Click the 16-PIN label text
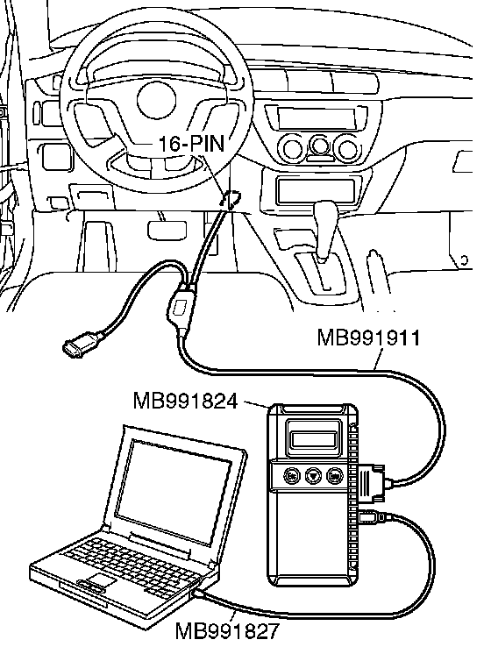coord(191,144)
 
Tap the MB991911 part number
coord(368,338)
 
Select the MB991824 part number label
coord(185,401)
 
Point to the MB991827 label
coord(227,631)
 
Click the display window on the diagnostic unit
coord(314,438)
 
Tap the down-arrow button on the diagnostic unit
coord(313,476)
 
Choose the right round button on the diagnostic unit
coord(335,476)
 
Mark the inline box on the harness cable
coord(181,307)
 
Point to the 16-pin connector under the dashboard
coord(231,199)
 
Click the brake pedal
coord(167,229)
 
